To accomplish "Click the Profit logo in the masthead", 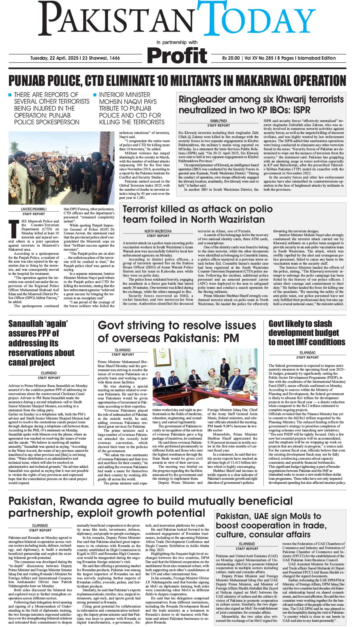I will click(x=177, y=56).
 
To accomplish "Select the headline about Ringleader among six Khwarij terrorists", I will click(x=261, y=104).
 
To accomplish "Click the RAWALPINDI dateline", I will click(x=219, y=121).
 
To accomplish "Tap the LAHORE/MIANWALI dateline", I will click(x=34, y=209).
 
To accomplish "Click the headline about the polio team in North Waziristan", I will click(x=198, y=214).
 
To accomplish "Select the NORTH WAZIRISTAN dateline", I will click(x=158, y=231).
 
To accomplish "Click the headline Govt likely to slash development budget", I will click(x=306, y=333).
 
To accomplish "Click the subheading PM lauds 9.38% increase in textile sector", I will click(x=232, y=428).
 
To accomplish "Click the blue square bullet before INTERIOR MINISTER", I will click(x=95, y=95).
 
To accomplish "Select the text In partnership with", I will click(x=177, y=42).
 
